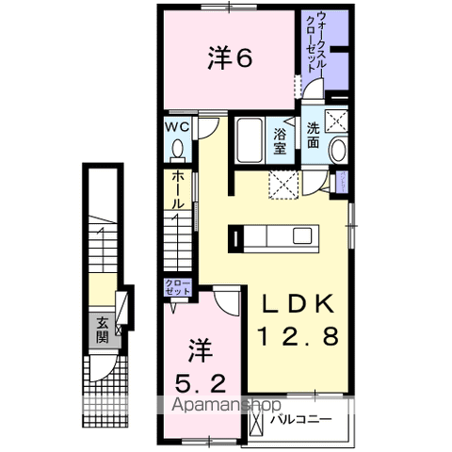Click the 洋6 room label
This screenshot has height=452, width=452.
click(x=230, y=59)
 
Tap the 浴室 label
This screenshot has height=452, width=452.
click(x=281, y=141)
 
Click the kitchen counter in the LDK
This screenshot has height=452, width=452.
click(x=278, y=235)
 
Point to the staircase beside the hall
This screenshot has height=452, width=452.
click(x=177, y=240)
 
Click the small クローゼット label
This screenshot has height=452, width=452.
click(x=178, y=288)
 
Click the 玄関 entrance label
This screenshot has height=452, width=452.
click(x=101, y=330)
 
